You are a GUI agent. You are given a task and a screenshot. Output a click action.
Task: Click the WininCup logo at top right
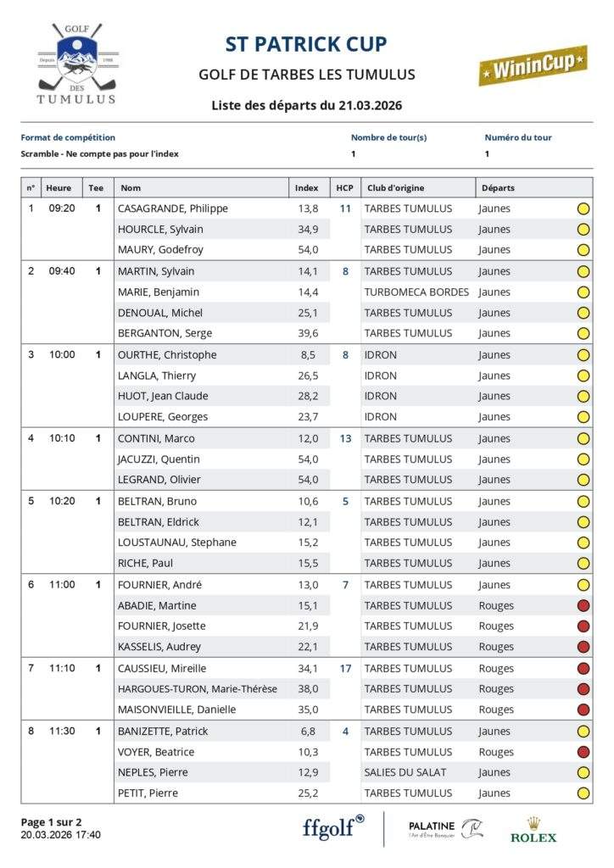pyautogui.click(x=533, y=65)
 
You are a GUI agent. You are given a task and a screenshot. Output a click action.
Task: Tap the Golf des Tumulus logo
pyautogui.click(x=76, y=64)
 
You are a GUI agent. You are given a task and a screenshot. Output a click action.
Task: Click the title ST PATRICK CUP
pyautogui.click(x=306, y=44)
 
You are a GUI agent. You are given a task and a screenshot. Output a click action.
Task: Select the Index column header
pyautogui.click(x=307, y=188)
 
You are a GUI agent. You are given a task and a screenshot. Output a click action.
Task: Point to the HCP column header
pyautogui.click(x=344, y=188)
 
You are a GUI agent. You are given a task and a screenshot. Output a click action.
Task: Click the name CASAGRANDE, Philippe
pyautogui.click(x=173, y=209)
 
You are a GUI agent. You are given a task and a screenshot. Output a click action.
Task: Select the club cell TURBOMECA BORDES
pyautogui.click(x=416, y=292)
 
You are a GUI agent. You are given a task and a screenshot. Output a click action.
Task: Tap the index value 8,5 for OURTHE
pyautogui.click(x=307, y=355)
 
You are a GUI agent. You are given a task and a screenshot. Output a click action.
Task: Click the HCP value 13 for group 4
pyautogui.click(x=345, y=438)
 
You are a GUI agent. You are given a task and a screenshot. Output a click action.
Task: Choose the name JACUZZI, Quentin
pyautogui.click(x=159, y=459)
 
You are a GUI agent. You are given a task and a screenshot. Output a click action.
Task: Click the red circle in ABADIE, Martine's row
pyautogui.click(x=583, y=605)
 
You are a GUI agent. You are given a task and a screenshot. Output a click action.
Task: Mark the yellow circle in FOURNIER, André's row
pyautogui.click(x=583, y=585)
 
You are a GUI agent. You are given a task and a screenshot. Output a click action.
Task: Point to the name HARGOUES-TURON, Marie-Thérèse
pyautogui.click(x=198, y=689)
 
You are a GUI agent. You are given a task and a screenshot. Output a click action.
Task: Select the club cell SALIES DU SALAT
pyautogui.click(x=405, y=772)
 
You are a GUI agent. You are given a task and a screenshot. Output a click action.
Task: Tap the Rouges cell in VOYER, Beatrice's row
pyautogui.click(x=496, y=752)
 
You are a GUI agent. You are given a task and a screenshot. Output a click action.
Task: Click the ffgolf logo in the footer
pyautogui.click(x=333, y=827)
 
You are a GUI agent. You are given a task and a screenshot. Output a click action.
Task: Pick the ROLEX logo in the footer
pyautogui.click(x=533, y=830)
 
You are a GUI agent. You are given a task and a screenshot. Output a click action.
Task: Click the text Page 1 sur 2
pyautogui.click(x=52, y=822)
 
